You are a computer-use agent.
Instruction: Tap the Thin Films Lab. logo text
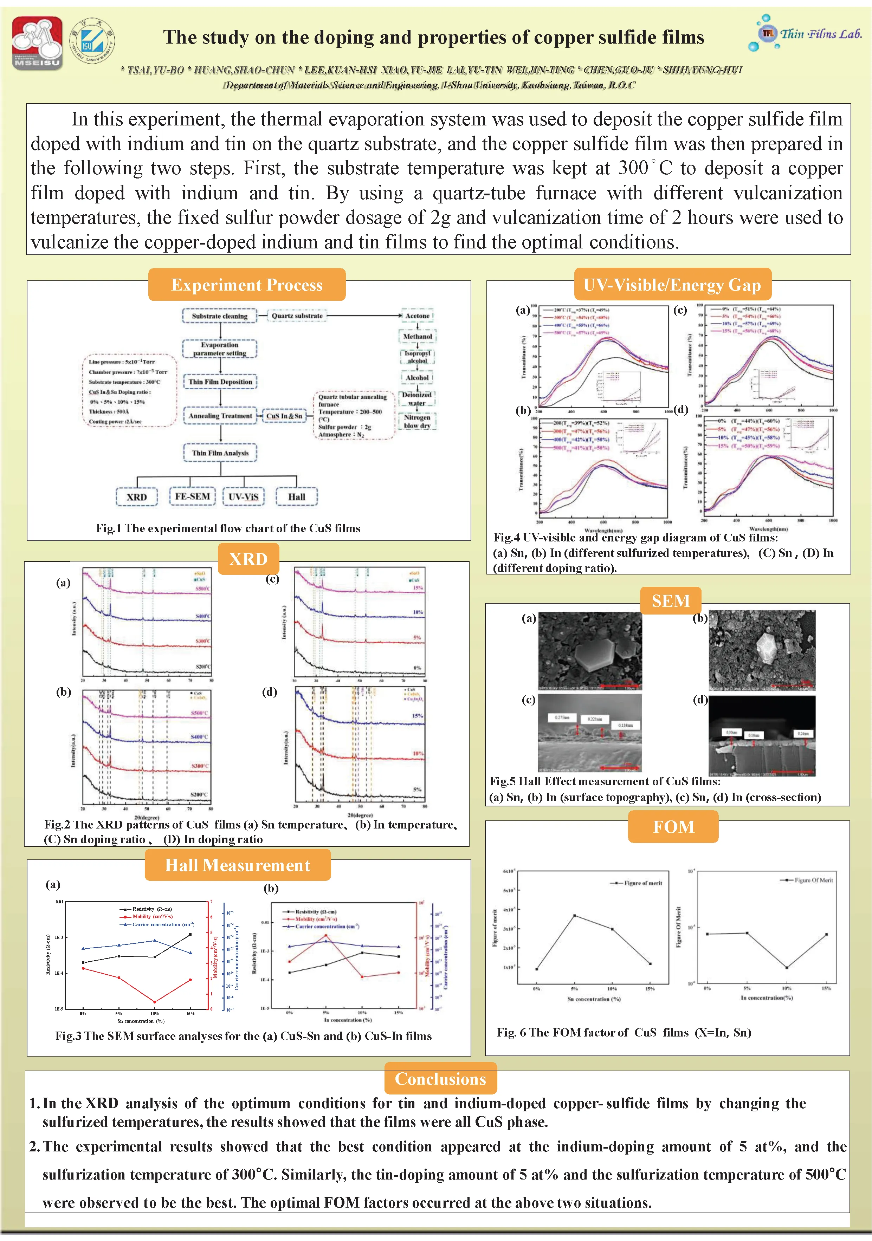(x=820, y=34)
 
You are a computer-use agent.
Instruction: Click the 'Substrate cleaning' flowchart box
(x=219, y=316)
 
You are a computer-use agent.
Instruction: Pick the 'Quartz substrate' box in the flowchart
(x=297, y=316)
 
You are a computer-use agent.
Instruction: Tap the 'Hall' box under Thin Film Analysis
(x=296, y=497)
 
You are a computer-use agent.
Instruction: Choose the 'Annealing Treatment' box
(x=220, y=416)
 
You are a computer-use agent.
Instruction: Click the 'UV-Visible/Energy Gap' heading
(x=672, y=285)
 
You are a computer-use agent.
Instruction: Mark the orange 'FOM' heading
(x=673, y=827)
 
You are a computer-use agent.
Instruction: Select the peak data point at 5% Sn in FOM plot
(x=574, y=916)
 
